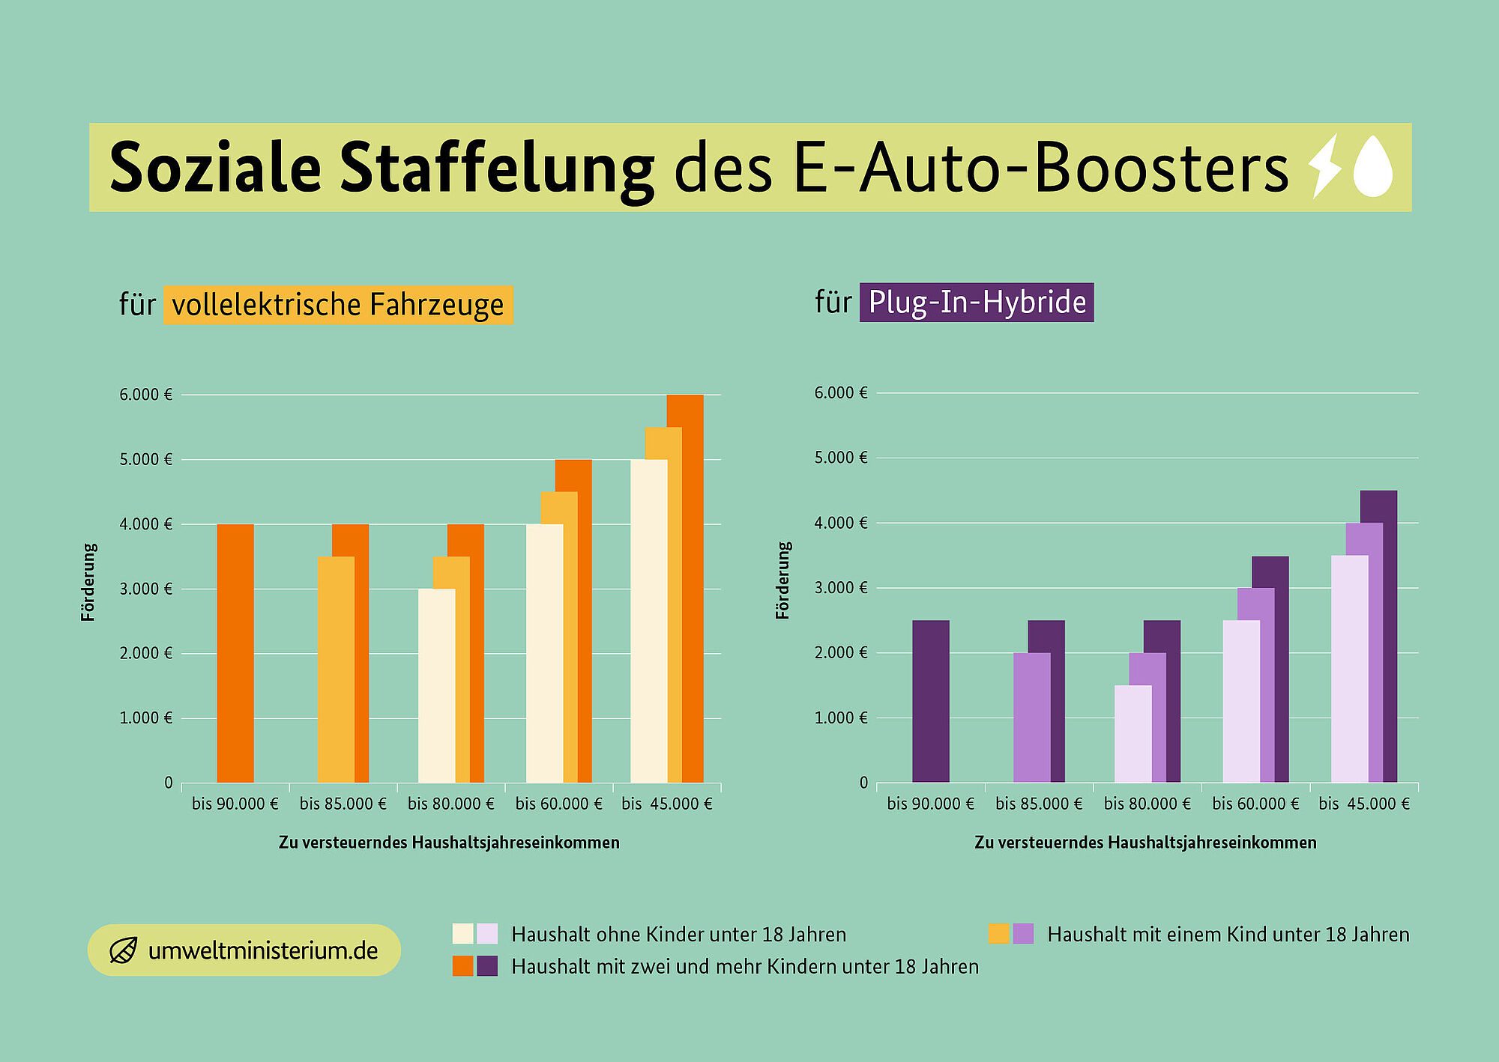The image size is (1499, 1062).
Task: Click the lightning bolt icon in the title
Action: pyautogui.click(x=1324, y=166)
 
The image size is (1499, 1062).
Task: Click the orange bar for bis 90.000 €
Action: pyautogui.click(x=235, y=653)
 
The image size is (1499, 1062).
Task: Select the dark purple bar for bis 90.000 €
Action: pyautogui.click(x=931, y=701)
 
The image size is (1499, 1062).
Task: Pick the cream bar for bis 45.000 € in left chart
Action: pyautogui.click(x=648, y=622)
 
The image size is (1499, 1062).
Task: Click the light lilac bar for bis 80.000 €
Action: pyautogui.click(x=1132, y=734)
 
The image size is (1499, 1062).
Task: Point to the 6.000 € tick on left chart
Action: pyautogui.click(x=145, y=395)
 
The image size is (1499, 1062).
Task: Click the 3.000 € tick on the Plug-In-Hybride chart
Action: pyautogui.click(x=841, y=588)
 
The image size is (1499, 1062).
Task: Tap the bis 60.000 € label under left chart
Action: pyautogui.click(x=558, y=804)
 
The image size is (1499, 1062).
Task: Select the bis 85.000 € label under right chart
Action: pyautogui.click(x=1039, y=804)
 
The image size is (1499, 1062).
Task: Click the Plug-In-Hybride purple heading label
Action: pyautogui.click(x=977, y=303)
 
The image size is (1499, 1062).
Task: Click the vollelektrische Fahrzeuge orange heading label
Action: pyautogui.click(x=338, y=305)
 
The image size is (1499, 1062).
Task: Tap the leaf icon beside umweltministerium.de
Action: pyautogui.click(x=123, y=950)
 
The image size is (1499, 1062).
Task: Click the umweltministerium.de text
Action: pyautogui.click(x=262, y=951)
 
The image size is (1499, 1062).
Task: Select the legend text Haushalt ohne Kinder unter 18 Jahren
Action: pyautogui.click(x=678, y=935)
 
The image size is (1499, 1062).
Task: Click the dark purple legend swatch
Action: pyautogui.click(x=487, y=966)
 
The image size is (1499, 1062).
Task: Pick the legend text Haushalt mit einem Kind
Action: pyautogui.click(x=1228, y=935)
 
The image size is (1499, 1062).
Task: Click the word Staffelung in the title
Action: pyautogui.click(x=496, y=168)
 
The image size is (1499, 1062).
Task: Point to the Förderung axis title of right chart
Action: pyautogui.click(x=783, y=581)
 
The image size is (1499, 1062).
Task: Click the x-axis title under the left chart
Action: pyautogui.click(x=449, y=843)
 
